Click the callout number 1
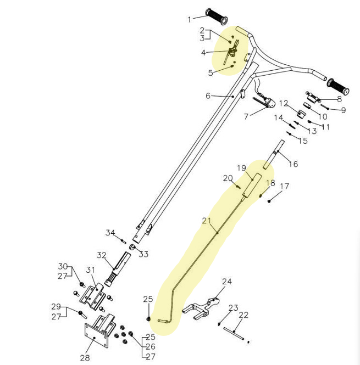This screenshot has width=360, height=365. point(190,19)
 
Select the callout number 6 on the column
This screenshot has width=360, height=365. point(208,96)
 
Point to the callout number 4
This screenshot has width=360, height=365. point(203,53)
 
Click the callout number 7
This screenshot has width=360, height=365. point(246,116)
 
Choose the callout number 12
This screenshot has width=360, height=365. point(284,103)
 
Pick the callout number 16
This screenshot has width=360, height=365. point(293,164)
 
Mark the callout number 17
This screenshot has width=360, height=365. point(284,187)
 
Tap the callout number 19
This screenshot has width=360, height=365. point(241,167)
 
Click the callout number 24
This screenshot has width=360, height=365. point(227,282)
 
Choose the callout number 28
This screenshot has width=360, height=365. point(85,358)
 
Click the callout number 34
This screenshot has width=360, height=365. point(110,233)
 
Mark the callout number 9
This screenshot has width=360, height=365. point(344,110)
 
